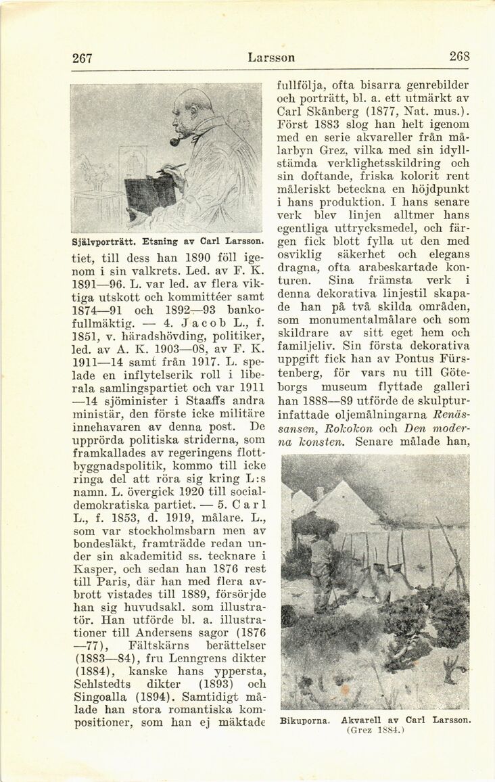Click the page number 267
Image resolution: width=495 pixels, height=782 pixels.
point(82,58)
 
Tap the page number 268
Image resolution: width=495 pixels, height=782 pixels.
point(459,57)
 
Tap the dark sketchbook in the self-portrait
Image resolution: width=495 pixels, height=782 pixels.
point(149,193)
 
